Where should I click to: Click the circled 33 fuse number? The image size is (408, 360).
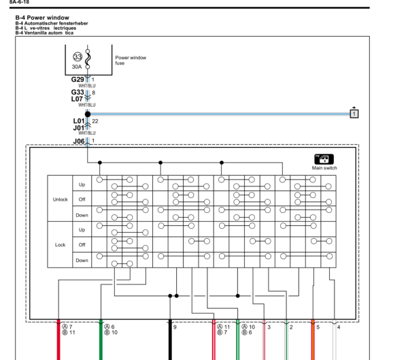(x=78, y=56)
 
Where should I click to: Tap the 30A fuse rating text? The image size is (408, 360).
(x=77, y=67)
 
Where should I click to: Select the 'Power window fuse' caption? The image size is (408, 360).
(x=131, y=60)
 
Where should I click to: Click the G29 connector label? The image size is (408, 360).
(x=78, y=80)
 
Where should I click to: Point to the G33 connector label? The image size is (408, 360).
(x=78, y=93)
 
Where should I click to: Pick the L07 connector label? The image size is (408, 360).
(x=77, y=99)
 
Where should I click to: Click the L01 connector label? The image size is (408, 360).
(x=79, y=121)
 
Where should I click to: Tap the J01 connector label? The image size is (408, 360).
(x=79, y=128)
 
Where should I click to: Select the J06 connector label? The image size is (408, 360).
(x=79, y=142)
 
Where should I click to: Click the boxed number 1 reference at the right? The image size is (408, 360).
(x=354, y=114)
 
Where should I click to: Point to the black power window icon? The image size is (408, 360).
(x=324, y=159)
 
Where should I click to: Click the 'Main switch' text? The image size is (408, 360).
(x=324, y=168)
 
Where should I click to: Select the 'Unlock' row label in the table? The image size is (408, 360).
(x=60, y=199)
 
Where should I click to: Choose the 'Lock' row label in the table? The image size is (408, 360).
(x=60, y=245)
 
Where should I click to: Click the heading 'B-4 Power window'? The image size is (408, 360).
(x=42, y=18)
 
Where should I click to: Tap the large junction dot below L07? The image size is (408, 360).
(x=88, y=114)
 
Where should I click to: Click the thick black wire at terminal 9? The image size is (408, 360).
(x=170, y=340)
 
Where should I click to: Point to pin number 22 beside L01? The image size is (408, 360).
(x=95, y=121)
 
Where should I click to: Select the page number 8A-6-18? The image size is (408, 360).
(x=19, y=2)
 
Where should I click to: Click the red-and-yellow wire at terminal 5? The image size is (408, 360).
(x=313, y=340)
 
